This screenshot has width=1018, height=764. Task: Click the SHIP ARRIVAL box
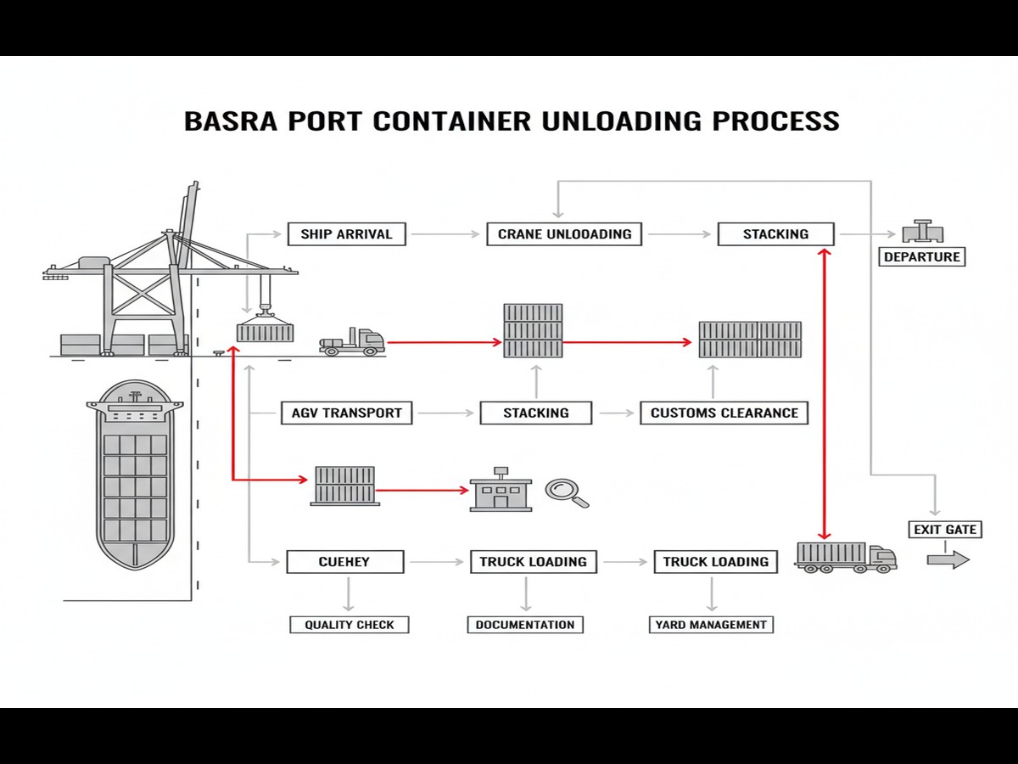[346, 234]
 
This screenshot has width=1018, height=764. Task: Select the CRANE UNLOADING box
[564, 234]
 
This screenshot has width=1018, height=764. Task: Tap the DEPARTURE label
[921, 256]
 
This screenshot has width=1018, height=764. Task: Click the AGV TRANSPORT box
[346, 413]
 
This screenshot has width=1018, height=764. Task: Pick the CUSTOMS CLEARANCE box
[724, 413]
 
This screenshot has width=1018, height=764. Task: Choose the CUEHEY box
[344, 561]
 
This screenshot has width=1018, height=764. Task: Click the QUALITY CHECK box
[349, 625]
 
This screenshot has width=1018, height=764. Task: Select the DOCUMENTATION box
[524, 625]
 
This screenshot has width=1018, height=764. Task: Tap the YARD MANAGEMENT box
[711, 625]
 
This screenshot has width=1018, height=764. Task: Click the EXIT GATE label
[945, 530]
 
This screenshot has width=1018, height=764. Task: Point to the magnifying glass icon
[566, 492]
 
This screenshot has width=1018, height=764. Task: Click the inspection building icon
[501, 491]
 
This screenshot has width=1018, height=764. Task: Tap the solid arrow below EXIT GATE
[948, 559]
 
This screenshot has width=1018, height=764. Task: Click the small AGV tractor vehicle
[352, 342]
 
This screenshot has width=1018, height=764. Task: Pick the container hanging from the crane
[265, 330]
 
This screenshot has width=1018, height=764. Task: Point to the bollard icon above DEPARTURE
[922, 232]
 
